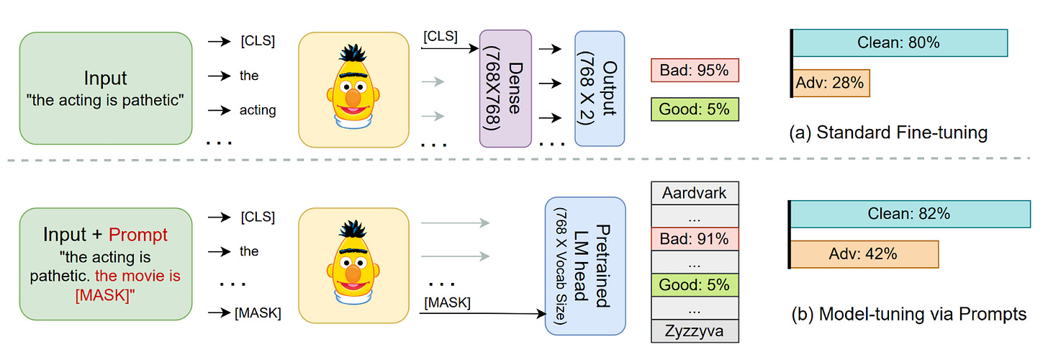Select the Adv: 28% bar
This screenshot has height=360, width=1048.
click(x=830, y=83)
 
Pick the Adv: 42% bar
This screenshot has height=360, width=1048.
click(x=864, y=253)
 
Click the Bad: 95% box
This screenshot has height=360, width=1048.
click(x=695, y=71)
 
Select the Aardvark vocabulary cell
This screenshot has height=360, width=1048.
click(x=695, y=193)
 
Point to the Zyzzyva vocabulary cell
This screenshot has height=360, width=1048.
click(x=695, y=331)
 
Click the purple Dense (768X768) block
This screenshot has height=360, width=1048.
click(x=505, y=89)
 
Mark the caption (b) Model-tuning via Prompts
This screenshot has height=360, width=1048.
click(x=907, y=315)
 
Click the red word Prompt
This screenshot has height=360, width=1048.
click(x=137, y=235)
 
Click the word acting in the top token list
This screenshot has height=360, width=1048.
click(x=258, y=110)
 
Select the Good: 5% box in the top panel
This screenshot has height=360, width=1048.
click(x=695, y=109)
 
